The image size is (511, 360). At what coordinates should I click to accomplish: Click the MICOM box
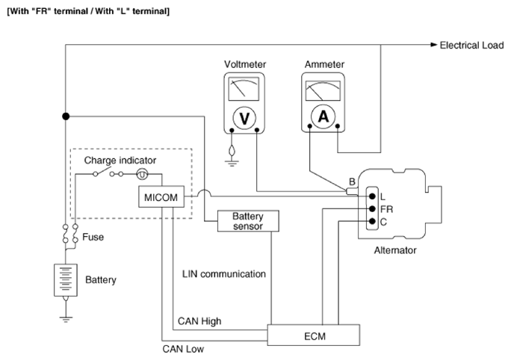(x=161, y=196)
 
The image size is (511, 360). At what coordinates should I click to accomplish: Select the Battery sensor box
(x=248, y=221)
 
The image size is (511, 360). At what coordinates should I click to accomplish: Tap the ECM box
(x=314, y=335)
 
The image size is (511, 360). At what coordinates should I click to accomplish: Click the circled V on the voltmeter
(x=244, y=118)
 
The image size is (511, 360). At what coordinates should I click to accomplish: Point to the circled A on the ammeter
(x=323, y=117)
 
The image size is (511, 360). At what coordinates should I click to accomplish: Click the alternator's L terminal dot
(x=372, y=196)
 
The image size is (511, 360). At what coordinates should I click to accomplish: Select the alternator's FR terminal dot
(x=372, y=209)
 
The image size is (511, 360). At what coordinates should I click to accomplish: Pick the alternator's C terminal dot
(x=372, y=222)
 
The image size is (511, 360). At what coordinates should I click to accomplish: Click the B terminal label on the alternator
(x=352, y=181)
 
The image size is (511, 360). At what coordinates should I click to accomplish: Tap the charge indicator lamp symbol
(x=142, y=174)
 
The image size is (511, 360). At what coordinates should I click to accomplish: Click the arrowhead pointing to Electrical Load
(x=434, y=45)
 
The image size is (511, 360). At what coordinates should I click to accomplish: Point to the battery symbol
(x=66, y=280)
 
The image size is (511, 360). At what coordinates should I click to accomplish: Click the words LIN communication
(x=224, y=274)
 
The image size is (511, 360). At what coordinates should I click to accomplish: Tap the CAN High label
(x=199, y=321)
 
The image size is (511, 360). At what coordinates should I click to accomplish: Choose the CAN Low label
(x=183, y=349)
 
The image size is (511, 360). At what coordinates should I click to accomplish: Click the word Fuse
(x=93, y=237)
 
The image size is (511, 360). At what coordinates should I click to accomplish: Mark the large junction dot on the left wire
(x=66, y=117)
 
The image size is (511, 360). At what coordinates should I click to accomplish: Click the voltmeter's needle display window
(x=244, y=89)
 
